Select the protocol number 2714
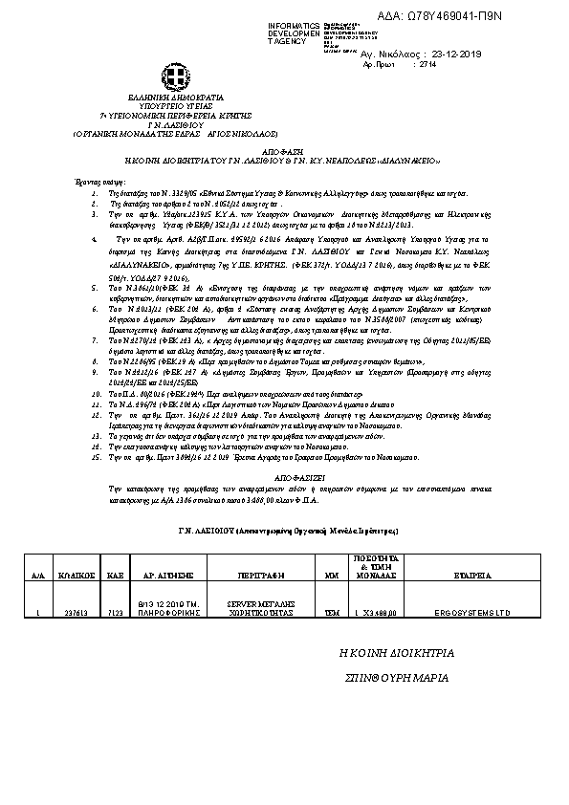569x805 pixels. point(427,64)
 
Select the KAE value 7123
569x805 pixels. point(115,612)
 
